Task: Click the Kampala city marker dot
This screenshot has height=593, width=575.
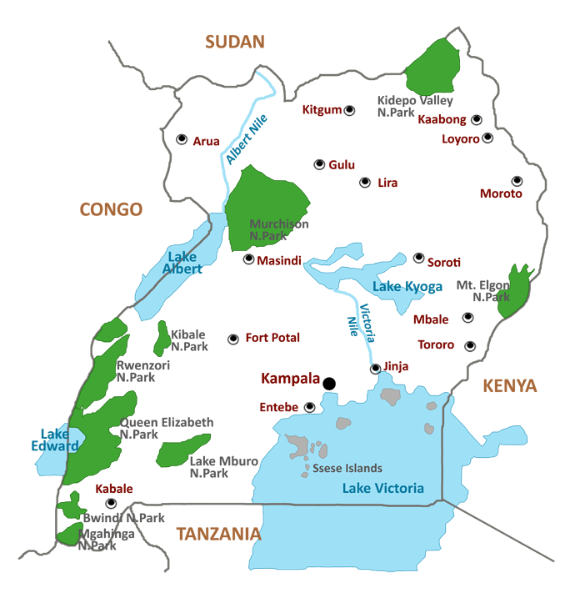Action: (329, 384)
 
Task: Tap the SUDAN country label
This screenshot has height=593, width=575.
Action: (235, 42)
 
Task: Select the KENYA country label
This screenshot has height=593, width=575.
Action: (509, 385)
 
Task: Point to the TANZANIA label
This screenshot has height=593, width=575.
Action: (218, 534)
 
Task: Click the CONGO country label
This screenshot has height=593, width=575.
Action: (111, 209)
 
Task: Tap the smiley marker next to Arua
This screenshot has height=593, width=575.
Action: (182, 139)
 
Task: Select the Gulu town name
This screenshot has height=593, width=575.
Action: (342, 165)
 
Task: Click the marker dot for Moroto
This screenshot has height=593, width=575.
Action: (517, 180)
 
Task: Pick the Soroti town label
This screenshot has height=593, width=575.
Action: (443, 262)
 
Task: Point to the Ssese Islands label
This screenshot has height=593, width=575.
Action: (347, 468)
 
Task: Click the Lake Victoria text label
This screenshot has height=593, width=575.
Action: (382, 488)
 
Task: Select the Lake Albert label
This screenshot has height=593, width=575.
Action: (182, 263)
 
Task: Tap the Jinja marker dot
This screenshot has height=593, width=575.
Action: (376, 369)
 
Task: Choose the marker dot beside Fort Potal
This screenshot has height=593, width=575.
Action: (233, 339)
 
